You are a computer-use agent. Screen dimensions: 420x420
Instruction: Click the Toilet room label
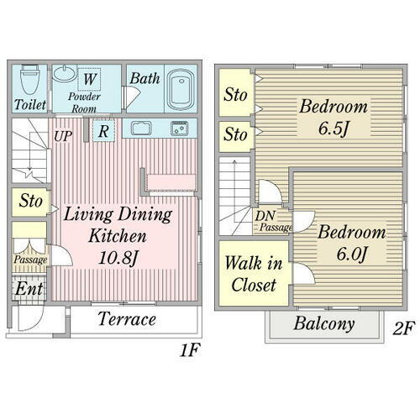click(30, 105)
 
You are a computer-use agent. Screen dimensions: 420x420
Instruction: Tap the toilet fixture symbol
click(29, 80)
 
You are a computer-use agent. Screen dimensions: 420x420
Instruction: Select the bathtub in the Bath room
click(181, 88)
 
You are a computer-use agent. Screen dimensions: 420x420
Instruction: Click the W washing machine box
click(89, 79)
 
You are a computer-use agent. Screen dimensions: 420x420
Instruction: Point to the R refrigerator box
click(103, 131)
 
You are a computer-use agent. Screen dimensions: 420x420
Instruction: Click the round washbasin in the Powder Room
click(65, 73)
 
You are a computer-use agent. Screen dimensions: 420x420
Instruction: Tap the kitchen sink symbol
click(141, 128)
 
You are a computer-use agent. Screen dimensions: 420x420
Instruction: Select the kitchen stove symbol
click(180, 129)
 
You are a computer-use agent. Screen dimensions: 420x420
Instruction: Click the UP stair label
click(63, 137)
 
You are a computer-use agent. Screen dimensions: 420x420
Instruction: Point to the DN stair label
click(265, 216)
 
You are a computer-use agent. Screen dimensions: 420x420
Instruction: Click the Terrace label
click(127, 319)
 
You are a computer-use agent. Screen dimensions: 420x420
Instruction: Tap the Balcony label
click(324, 324)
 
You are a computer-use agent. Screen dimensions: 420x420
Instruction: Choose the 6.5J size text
click(333, 129)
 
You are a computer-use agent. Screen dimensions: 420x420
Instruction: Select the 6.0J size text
click(352, 255)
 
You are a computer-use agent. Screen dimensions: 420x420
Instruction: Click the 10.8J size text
click(118, 258)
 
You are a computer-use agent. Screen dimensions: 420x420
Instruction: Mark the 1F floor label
click(190, 350)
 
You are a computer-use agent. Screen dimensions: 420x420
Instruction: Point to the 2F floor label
click(402, 328)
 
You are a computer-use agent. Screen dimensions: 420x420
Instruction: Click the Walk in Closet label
click(254, 274)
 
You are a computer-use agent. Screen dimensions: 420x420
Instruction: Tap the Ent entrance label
click(29, 289)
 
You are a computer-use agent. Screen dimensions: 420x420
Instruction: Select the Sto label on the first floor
click(31, 201)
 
